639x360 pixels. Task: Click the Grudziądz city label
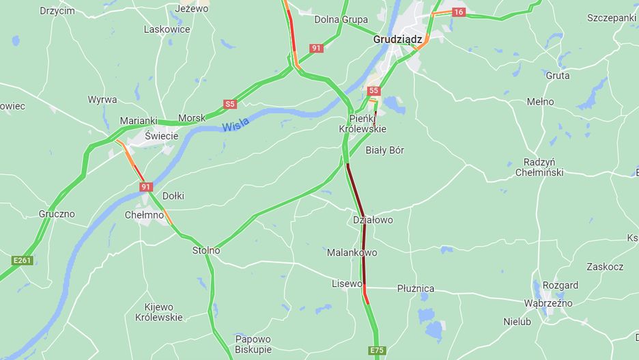397,39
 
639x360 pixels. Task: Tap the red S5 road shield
230,105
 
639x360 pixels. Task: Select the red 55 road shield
373,91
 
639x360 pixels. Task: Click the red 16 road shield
458,12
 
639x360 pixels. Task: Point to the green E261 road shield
23,260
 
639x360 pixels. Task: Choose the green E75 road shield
376,350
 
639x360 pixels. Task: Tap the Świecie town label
161,136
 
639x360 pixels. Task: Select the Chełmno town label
144,215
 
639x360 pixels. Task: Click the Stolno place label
206,251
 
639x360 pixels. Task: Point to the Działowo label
373,220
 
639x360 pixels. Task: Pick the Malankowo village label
352,253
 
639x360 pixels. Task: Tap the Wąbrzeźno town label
548,303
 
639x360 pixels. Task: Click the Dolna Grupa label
341,20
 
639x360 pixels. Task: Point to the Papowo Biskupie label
253,344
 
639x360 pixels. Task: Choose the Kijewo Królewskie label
158,312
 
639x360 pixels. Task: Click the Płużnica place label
416,289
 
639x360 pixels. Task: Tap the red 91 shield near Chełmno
146,186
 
